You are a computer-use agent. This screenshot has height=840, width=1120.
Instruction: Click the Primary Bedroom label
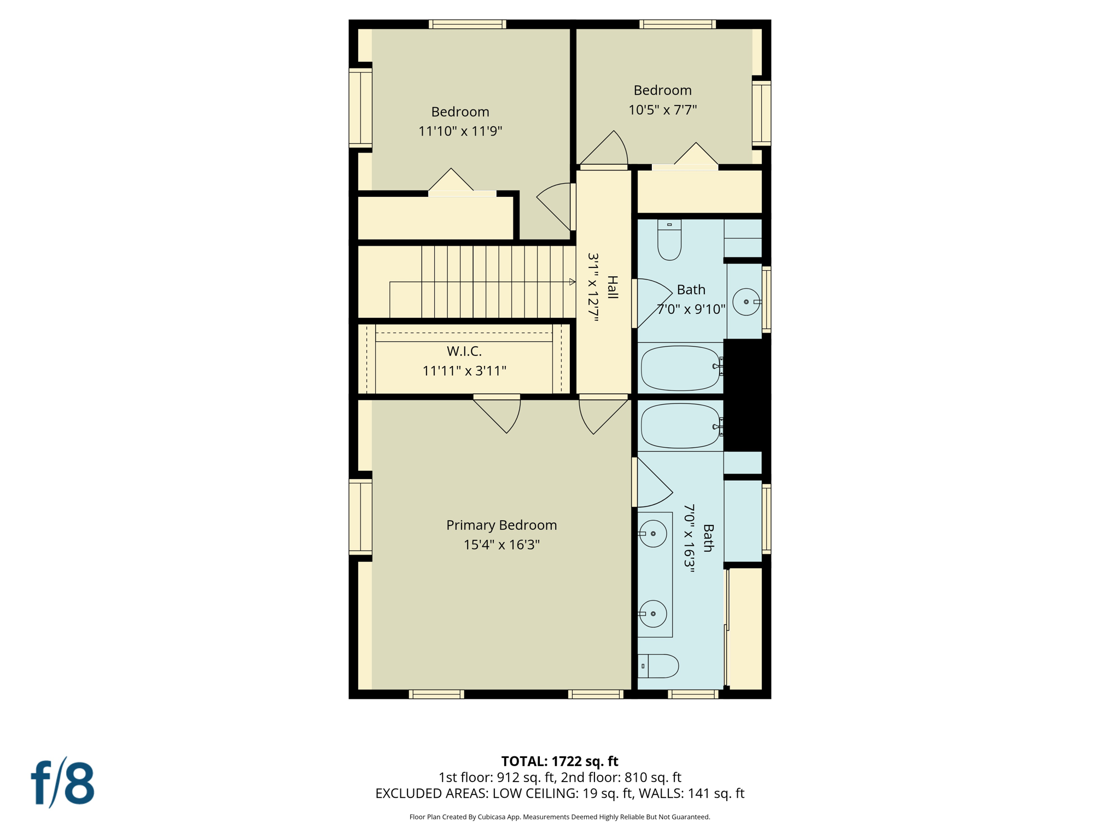pos(501,525)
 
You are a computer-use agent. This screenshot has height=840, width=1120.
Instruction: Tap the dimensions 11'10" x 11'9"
pos(460,131)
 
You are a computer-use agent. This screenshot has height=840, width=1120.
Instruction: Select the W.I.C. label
pos(464,351)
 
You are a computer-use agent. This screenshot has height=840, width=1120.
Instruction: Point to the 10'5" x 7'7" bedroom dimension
pos(662,110)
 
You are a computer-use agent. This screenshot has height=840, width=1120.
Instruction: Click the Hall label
pos(612,287)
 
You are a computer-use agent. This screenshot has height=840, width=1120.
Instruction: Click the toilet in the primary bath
pos(658,666)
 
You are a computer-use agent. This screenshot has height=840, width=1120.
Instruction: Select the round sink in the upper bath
pos(746,302)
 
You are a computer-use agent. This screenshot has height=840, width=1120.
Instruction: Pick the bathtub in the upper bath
pos(680,368)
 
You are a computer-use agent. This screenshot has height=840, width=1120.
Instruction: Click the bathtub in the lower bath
pos(680,426)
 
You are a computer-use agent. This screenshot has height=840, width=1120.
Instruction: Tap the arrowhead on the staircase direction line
pos(572,282)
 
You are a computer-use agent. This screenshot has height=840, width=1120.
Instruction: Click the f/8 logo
pos(62,783)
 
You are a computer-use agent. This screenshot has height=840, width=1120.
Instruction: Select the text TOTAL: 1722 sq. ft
pos(559,761)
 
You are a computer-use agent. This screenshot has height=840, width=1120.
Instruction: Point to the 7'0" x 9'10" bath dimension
pos(691,310)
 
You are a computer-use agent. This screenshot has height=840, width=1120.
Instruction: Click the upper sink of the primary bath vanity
pos(653,533)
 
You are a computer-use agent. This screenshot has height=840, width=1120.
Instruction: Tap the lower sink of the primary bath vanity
pos(653,614)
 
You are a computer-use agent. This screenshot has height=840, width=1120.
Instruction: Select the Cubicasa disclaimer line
pos(559,817)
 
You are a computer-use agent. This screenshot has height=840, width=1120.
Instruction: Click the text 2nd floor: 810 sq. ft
pos(621,777)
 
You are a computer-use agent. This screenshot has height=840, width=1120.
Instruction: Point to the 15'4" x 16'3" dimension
pos(501,545)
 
